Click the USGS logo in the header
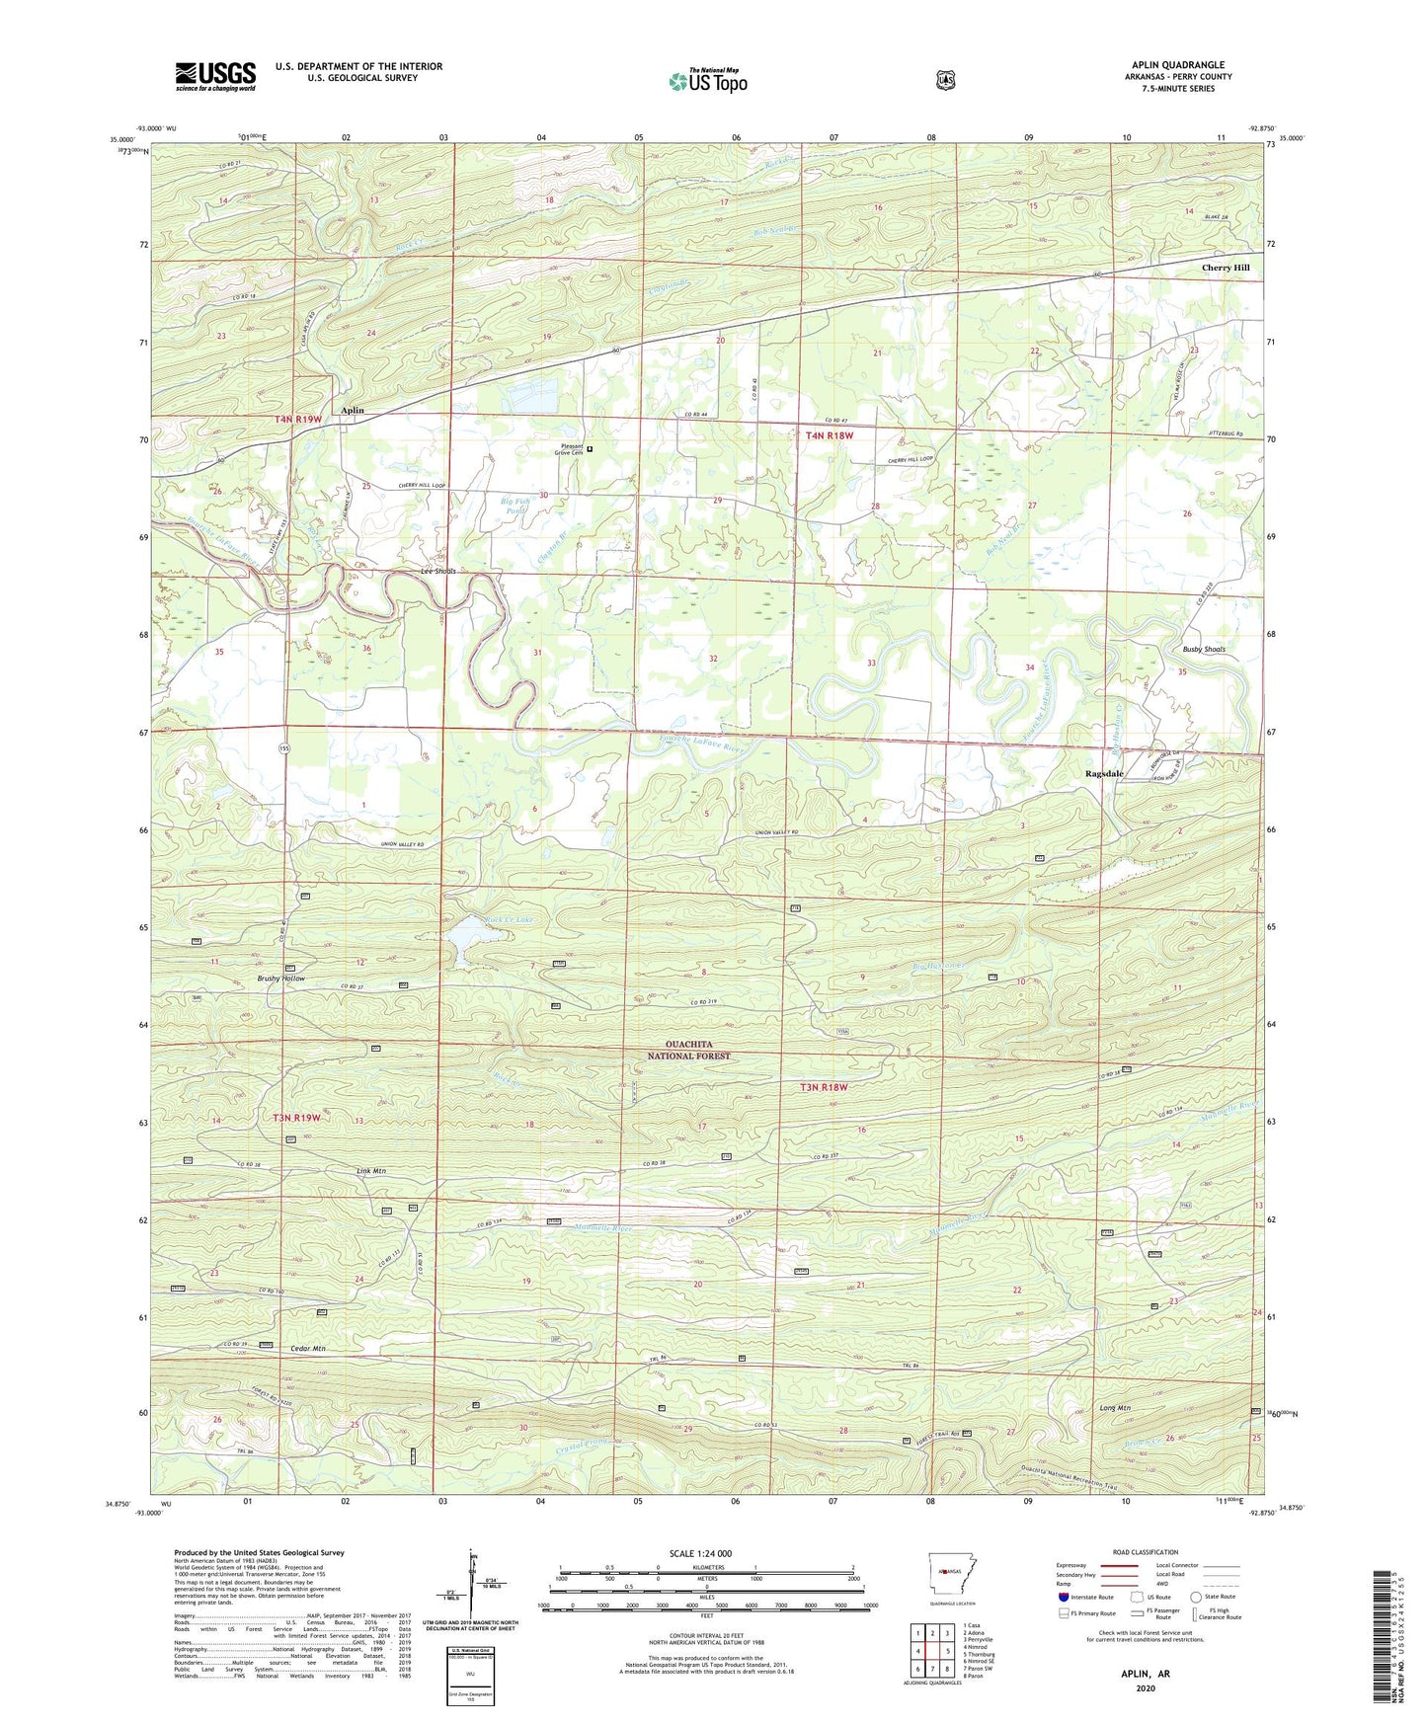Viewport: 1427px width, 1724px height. (215, 75)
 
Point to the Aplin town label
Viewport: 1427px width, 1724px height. (353, 410)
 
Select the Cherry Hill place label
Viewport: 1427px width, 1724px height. (1225, 268)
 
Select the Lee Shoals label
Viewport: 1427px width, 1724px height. (439, 572)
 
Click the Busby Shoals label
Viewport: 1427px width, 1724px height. (1203, 650)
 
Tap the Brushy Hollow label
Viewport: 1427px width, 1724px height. (281, 979)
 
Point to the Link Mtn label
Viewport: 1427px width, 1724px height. (371, 1171)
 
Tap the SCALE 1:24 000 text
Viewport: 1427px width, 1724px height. (700, 1553)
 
